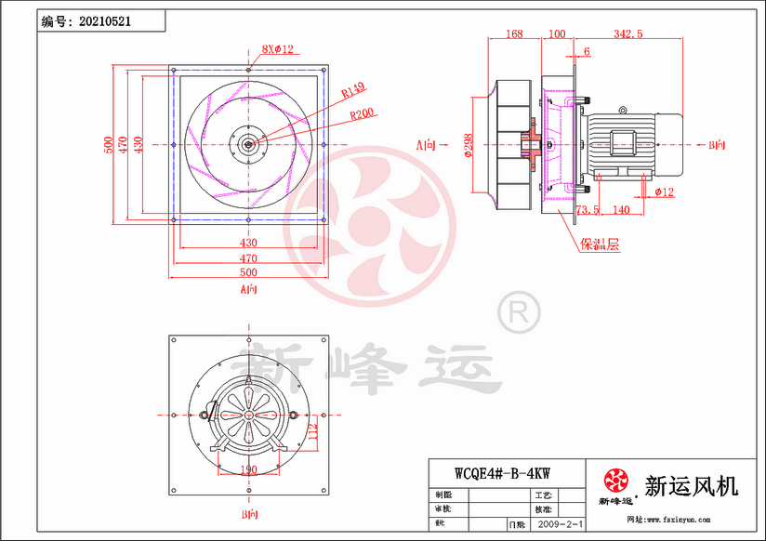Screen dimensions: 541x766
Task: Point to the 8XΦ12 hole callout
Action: (277, 49)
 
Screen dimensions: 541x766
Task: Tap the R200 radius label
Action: (363, 115)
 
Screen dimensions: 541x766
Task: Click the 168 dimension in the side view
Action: (513, 34)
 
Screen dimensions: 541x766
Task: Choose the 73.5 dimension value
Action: (588, 211)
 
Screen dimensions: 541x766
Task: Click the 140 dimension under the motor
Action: (622, 211)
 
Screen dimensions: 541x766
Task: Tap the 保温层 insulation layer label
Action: (600, 246)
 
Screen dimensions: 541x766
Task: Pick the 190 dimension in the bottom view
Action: (249, 468)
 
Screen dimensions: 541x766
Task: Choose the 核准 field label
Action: (542, 510)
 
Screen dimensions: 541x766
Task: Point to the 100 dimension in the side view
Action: (558, 34)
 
